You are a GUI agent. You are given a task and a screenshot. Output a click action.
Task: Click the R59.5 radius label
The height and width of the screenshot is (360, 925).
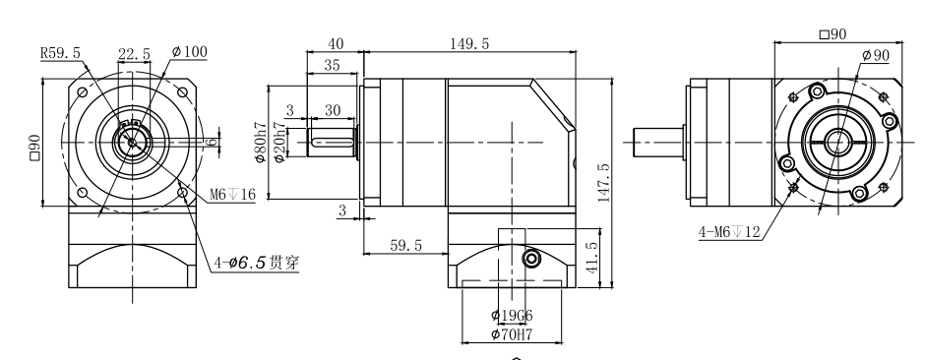tap(60, 52)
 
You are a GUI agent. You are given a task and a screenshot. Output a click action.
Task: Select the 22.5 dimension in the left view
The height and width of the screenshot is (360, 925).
tap(135, 54)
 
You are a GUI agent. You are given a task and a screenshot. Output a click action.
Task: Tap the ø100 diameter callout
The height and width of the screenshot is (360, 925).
tap(189, 52)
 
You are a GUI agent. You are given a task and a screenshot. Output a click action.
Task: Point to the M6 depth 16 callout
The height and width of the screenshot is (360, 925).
tap(233, 194)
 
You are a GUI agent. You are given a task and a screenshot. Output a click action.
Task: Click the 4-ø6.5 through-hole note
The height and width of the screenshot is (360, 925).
tap(257, 263)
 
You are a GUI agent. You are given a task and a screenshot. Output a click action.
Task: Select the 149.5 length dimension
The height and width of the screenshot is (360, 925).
tap(469, 43)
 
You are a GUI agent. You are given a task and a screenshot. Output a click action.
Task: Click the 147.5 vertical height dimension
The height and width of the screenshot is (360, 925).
tap(604, 183)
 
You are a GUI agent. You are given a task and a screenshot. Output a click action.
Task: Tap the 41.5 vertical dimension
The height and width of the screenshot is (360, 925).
tap(592, 258)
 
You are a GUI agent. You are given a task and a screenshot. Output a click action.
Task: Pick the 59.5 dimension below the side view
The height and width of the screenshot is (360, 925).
tap(405, 245)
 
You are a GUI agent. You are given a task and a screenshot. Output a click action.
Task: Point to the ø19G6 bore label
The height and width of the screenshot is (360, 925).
tap(512, 316)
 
